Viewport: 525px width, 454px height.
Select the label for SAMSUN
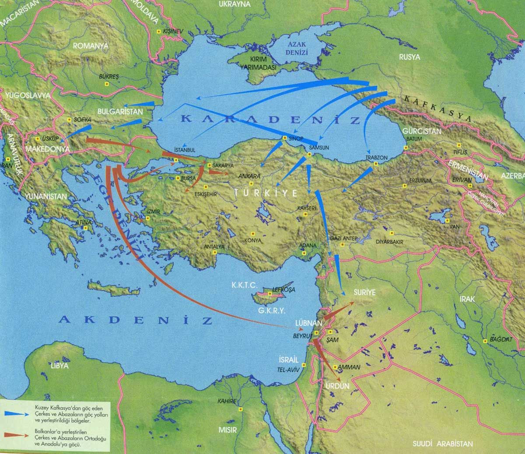pos(318,148)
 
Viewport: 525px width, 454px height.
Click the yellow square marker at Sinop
pos(285,138)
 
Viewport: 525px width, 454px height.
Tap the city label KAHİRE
pos(226,402)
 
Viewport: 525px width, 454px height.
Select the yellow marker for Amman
pos(335,367)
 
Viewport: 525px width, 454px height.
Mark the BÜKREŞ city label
pos(109,76)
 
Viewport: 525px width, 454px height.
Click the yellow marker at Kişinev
pos(158,32)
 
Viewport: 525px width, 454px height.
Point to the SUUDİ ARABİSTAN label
pos(442,444)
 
